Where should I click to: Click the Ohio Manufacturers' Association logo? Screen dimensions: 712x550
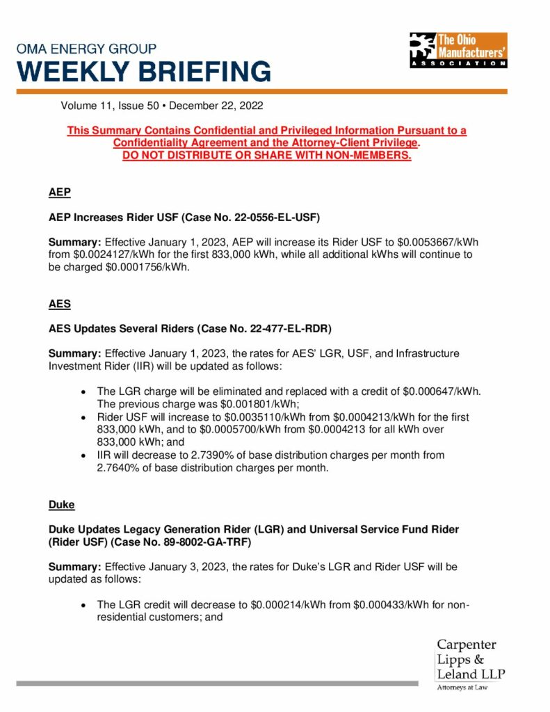(458, 50)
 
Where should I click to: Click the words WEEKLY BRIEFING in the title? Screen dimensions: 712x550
(145, 71)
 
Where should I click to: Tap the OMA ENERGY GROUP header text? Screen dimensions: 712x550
(87, 49)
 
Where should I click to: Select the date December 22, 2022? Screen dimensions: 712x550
(216, 106)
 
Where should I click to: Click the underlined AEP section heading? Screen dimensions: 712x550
(59, 193)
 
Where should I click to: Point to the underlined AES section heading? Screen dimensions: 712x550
(59, 304)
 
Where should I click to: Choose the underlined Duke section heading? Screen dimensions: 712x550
(61, 504)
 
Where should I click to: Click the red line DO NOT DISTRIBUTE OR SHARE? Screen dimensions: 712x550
(266, 155)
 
